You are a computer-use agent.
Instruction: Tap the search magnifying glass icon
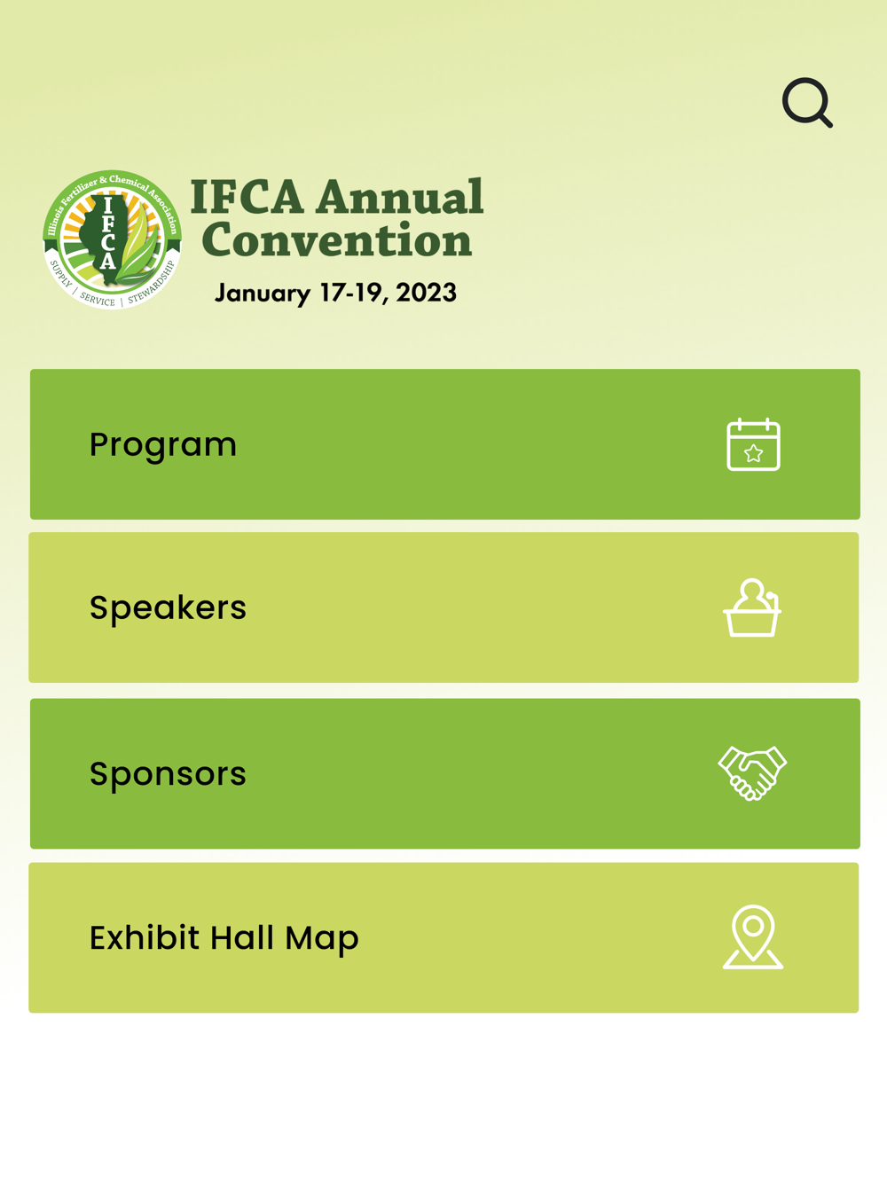tap(806, 102)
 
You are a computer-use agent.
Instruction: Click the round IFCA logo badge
tap(112, 239)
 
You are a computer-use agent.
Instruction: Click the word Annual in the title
tap(400, 197)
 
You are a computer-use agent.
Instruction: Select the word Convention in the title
tap(337, 239)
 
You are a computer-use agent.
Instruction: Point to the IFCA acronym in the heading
tap(247, 197)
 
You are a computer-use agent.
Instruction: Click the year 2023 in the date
tap(427, 293)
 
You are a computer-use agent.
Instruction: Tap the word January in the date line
tap(263, 294)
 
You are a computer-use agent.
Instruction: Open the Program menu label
tap(162, 445)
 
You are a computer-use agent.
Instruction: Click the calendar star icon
tap(753, 444)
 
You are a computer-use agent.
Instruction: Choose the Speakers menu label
tap(168, 608)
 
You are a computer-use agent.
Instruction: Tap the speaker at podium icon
tap(752, 607)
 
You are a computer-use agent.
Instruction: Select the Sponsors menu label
tap(168, 774)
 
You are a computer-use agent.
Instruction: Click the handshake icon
tap(752, 773)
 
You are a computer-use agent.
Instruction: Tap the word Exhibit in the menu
tap(145, 937)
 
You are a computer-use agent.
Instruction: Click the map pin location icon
tap(753, 936)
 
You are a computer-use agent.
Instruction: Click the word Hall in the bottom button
tap(242, 937)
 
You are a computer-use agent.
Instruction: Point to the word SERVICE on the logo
tap(98, 299)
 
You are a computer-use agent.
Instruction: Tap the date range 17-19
tap(353, 293)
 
